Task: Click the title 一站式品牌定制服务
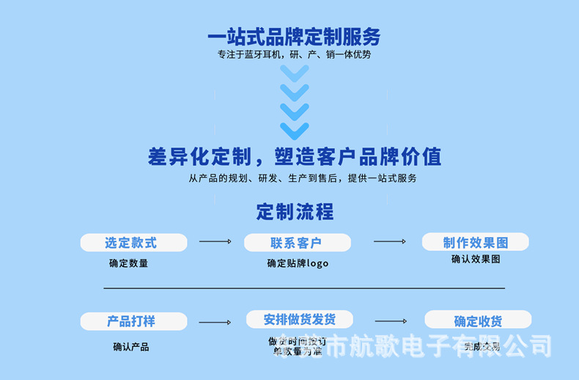tap(294, 37)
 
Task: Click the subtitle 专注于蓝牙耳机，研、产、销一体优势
tap(294, 54)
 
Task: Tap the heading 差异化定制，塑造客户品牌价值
tap(295, 156)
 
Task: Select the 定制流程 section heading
tap(295, 212)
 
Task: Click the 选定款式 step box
tap(133, 243)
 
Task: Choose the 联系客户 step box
tap(297, 243)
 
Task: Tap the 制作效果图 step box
tap(475, 242)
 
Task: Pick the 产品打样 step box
tap(133, 321)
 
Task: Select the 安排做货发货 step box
tap(299, 319)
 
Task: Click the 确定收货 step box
tap(478, 321)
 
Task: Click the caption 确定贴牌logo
tap(298, 263)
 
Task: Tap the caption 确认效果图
tap(476, 259)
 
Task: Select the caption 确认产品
tap(131, 346)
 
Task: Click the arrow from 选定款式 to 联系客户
tap(215, 241)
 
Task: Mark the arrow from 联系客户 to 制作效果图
tap(390, 241)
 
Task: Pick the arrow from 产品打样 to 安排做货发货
tap(215, 322)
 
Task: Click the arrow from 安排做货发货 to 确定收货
tap(391, 321)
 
